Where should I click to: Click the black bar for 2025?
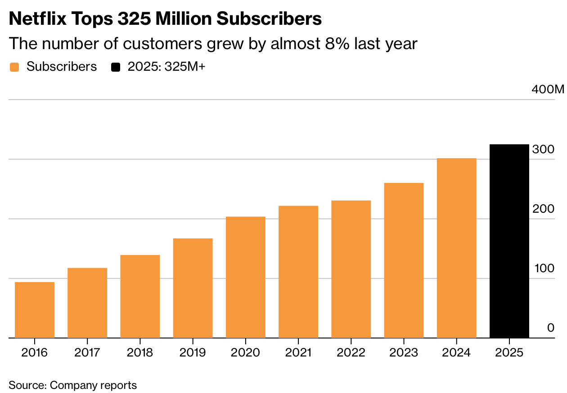pyautogui.click(x=509, y=241)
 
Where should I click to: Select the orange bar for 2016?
pyautogui.click(x=35, y=310)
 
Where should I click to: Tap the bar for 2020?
pyautogui.click(x=246, y=277)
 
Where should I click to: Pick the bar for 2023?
pyautogui.click(x=404, y=260)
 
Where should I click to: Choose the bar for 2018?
pyautogui.click(x=140, y=297)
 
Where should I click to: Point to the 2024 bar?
pyautogui.click(x=456, y=248)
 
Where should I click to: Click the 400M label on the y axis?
pyautogui.click(x=547, y=90)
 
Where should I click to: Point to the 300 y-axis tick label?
pyautogui.click(x=543, y=150)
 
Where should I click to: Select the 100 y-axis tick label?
pyautogui.click(x=544, y=269)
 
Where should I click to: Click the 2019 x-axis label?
pyautogui.click(x=193, y=352)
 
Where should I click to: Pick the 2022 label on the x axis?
pyautogui.click(x=351, y=352)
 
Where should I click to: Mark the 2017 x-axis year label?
pyautogui.click(x=87, y=352)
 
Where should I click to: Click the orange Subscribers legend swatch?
pyautogui.click(x=15, y=67)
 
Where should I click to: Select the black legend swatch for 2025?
pyautogui.click(x=116, y=67)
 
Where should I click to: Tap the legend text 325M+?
pyautogui.click(x=185, y=67)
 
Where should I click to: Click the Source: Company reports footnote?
pyautogui.click(x=72, y=385)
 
